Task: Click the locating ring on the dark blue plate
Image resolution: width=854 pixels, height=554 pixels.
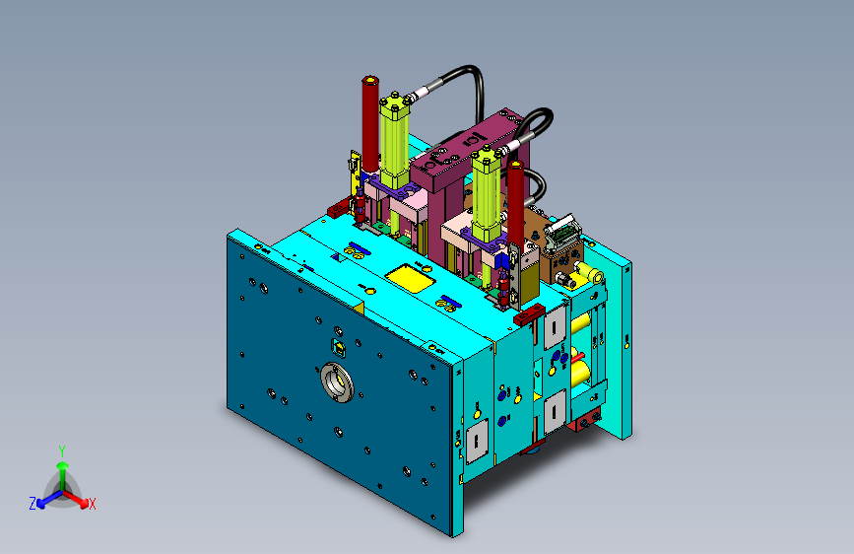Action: pyautogui.click(x=338, y=381)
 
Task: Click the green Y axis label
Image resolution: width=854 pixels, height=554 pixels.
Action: pyautogui.click(x=62, y=451)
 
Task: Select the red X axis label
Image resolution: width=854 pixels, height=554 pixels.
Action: pyautogui.click(x=93, y=505)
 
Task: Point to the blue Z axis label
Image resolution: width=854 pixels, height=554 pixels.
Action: pyautogui.click(x=33, y=504)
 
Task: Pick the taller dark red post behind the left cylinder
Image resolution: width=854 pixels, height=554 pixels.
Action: pyautogui.click(x=370, y=124)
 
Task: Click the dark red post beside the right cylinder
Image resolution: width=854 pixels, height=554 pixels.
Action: pyautogui.click(x=515, y=202)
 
